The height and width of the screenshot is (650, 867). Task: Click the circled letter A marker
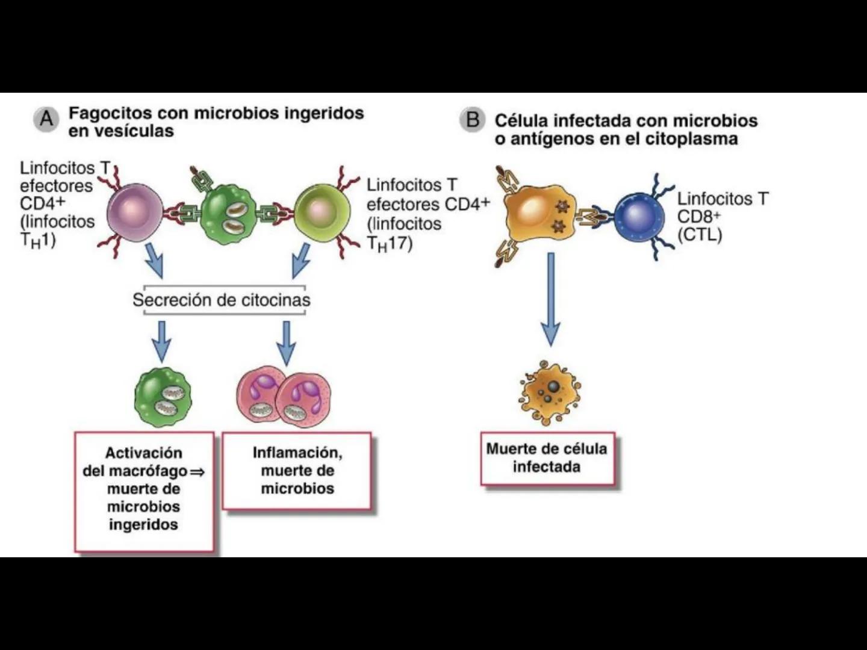46,120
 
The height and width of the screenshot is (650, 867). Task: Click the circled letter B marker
473,120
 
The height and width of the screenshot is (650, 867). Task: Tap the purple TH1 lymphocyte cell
134,212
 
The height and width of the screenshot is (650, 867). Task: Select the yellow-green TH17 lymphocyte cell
322,212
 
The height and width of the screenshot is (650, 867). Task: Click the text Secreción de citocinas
222,300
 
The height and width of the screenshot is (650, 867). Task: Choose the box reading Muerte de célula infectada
547,458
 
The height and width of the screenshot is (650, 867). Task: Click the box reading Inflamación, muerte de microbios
297,471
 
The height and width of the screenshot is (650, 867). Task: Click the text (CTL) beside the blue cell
699,235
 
